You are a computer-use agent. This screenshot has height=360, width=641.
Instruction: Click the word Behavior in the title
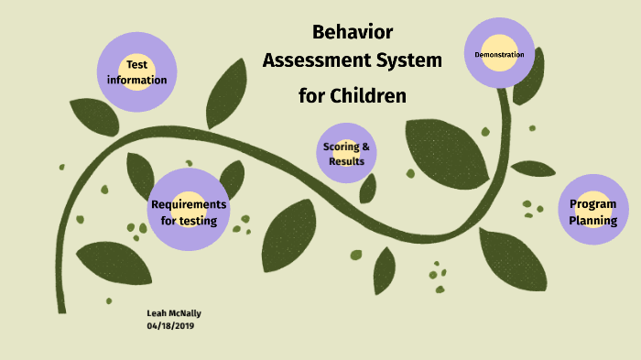coord(353,33)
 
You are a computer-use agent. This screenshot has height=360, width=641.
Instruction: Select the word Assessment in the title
coord(316,61)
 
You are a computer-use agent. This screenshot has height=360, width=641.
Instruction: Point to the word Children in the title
coord(371,94)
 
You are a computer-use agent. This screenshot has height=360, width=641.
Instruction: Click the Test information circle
coord(136,71)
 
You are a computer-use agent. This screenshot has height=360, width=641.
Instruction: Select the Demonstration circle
coord(499,54)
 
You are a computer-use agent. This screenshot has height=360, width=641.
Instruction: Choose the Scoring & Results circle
coord(347,153)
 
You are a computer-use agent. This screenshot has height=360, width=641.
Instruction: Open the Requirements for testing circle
coord(188,211)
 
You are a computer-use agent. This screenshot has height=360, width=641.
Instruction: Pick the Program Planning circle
coord(592,211)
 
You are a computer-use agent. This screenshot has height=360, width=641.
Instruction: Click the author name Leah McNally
coord(174,313)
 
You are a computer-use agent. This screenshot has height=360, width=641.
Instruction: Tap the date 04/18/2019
coord(170,325)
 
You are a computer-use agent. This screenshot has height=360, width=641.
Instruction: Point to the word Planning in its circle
coord(592,220)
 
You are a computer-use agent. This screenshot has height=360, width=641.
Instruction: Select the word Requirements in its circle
coord(189,203)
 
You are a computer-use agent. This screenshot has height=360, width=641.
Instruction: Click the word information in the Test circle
coord(136,80)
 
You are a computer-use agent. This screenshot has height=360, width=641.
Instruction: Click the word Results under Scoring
coord(347,161)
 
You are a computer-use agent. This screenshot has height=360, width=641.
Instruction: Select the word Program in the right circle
coord(592,203)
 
